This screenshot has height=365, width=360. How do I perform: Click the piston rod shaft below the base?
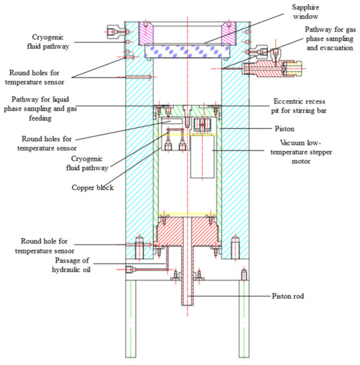[188, 292]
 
